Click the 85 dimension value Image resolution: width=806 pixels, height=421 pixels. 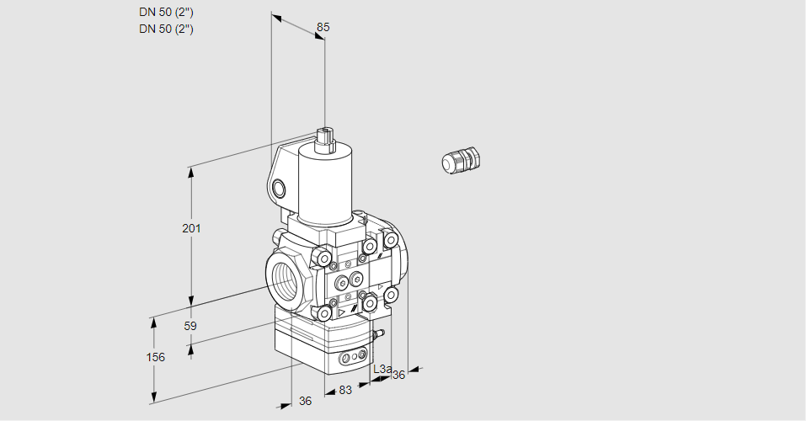pyautogui.click(x=323, y=27)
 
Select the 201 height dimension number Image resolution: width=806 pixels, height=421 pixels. pyautogui.click(x=191, y=228)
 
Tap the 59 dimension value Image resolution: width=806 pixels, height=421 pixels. pyautogui.click(x=190, y=326)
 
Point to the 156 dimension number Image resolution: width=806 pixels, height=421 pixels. pyautogui.click(x=156, y=357)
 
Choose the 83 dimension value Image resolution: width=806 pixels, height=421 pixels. pyautogui.click(x=345, y=390)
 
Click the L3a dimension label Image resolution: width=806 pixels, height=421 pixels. pyautogui.click(x=382, y=369)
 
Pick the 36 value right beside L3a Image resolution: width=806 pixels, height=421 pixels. pyautogui.click(x=399, y=376)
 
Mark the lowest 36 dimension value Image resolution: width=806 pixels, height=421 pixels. pyautogui.click(x=306, y=401)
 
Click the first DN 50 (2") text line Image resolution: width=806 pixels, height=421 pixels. pyautogui.click(x=166, y=13)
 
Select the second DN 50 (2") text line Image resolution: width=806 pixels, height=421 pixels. pyautogui.click(x=166, y=29)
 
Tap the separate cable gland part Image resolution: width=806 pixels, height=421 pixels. pyautogui.click(x=461, y=159)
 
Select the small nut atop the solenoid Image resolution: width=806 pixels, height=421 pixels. pyautogui.click(x=325, y=139)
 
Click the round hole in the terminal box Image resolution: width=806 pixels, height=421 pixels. pyautogui.click(x=279, y=189)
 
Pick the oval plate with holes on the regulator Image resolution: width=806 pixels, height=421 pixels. pyautogui.click(x=354, y=356)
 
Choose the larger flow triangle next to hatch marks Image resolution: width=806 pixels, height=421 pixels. pyautogui.click(x=342, y=312)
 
